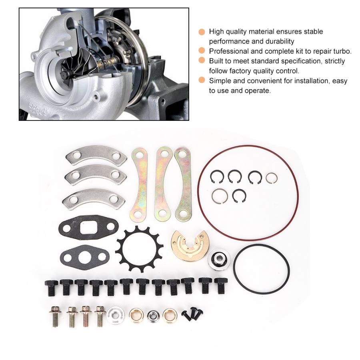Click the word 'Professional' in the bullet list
(x=228, y=51)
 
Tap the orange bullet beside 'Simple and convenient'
(x=202, y=81)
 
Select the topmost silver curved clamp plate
(x=96, y=156)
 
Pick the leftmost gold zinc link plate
(x=138, y=184)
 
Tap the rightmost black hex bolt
(x=219, y=286)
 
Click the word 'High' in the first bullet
(x=216, y=32)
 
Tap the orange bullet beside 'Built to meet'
(x=202, y=61)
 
